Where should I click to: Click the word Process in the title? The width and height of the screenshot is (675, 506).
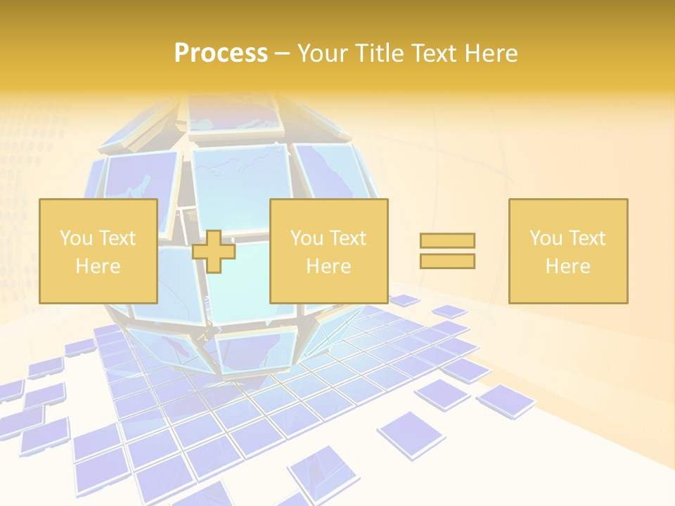[221, 53]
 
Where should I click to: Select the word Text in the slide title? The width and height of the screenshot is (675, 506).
[438, 53]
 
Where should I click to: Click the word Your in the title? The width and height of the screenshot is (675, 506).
[321, 53]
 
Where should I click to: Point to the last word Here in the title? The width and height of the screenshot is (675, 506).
[492, 53]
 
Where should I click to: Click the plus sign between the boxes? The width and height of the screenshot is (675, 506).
[214, 251]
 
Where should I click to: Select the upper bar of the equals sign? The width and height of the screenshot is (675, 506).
[447, 240]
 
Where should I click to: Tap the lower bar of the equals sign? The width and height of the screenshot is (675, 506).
[447, 261]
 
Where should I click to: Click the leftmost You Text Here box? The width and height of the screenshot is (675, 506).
[98, 251]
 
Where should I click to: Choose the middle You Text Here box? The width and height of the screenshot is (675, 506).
[329, 251]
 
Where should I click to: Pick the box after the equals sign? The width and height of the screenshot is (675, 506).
[568, 251]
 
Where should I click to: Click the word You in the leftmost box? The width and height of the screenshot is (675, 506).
[75, 238]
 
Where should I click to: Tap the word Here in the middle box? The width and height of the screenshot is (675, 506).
[329, 266]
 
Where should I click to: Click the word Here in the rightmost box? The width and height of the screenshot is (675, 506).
[568, 266]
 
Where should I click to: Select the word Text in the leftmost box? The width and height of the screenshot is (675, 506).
[117, 238]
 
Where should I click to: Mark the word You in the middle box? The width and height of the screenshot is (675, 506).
[307, 238]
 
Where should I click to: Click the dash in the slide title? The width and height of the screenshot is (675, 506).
[282, 54]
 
